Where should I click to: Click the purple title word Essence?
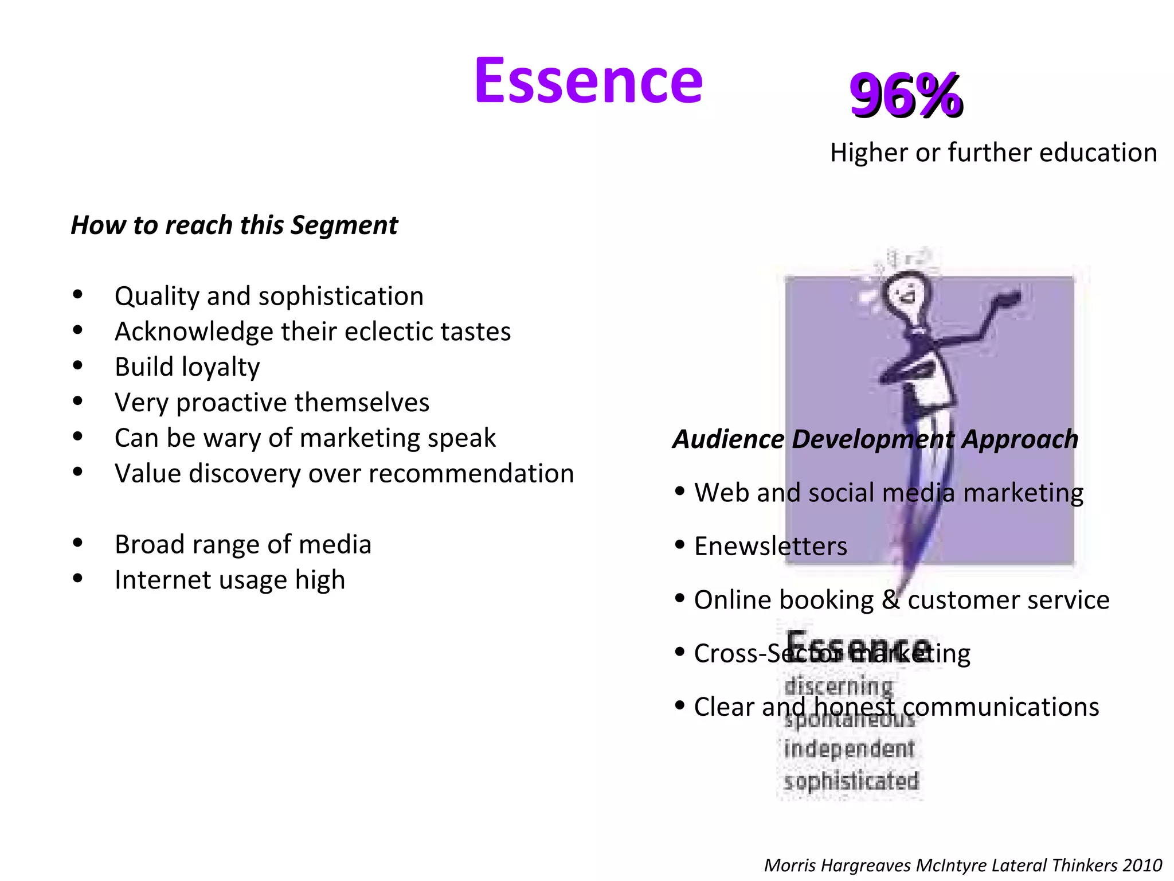point(588,81)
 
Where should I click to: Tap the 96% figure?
point(906,95)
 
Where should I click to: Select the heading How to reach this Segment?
point(234,225)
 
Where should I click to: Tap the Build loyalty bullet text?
point(187,367)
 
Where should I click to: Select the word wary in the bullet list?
point(232,438)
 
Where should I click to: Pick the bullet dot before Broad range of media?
point(78,543)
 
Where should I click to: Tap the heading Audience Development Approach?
point(875,439)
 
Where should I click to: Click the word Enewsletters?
point(770,546)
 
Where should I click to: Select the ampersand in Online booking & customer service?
point(890,600)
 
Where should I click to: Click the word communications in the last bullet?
point(1001,707)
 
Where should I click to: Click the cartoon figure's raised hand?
point(1007,299)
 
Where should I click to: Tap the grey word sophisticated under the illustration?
point(851,781)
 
